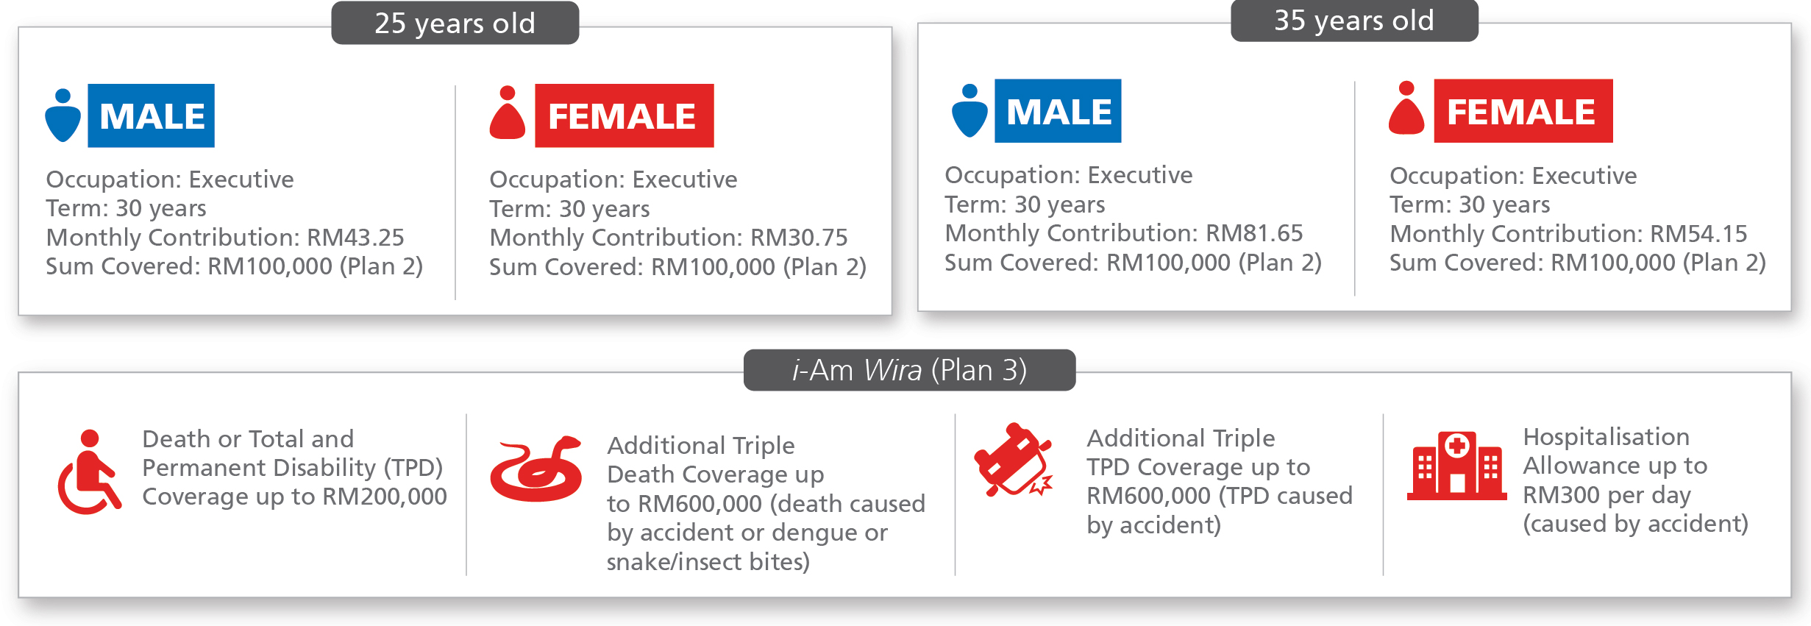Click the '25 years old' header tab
click(455, 23)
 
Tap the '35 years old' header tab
click(1354, 21)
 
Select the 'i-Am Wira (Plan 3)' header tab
click(909, 370)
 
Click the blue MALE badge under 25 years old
click(152, 115)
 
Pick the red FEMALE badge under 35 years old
click(1523, 111)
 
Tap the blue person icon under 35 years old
click(969, 111)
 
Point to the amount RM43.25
click(355, 238)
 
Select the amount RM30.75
click(799, 238)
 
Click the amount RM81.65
click(1254, 233)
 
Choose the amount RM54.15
click(1698, 234)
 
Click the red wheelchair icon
click(89, 472)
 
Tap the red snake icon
click(536, 469)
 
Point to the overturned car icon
click(1013, 460)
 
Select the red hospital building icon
click(1456, 466)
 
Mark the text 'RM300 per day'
click(1607, 495)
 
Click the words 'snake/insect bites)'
click(708, 562)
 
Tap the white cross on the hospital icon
click(1457, 445)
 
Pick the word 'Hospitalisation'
click(1606, 437)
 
